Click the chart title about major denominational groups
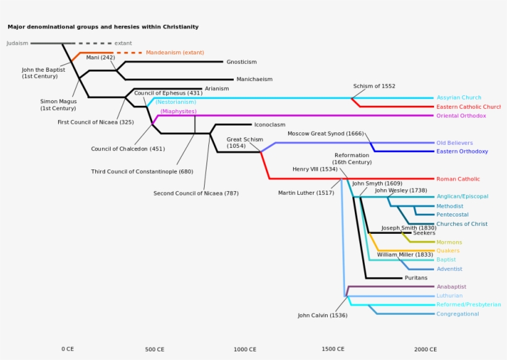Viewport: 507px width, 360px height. [103, 27]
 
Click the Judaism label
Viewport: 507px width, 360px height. [17, 43]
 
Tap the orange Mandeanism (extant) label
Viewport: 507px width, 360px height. [175, 53]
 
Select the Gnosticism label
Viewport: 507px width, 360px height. [241, 62]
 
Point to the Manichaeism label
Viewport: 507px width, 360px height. [254, 79]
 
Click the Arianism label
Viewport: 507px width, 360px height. [216, 88]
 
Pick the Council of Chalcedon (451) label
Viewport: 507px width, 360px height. [128, 148]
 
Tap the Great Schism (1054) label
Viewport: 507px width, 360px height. [244, 143]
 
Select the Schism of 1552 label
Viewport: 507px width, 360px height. [374, 86]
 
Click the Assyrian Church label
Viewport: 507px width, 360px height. [459, 98]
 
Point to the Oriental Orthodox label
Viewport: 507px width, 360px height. [461, 116]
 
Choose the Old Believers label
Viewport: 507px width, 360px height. [454, 143]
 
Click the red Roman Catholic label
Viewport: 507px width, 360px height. [458, 179]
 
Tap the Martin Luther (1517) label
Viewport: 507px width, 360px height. [305, 193]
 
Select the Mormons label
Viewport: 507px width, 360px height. [449, 242]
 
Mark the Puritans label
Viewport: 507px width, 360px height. [416, 278]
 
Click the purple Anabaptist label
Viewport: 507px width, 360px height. [451, 287]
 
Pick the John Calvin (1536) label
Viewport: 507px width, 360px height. [322, 315]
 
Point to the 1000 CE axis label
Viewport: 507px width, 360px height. [245, 349]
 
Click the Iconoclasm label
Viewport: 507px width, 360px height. [270, 124]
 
